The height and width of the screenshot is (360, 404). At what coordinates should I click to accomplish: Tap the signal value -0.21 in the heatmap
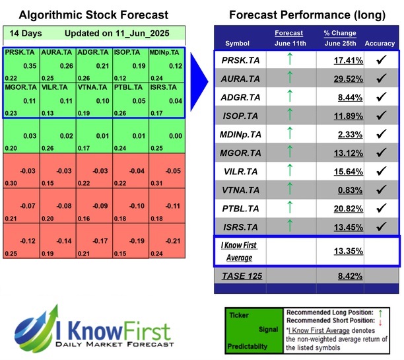[171, 241]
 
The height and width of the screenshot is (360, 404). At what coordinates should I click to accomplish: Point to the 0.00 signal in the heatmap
[171, 136]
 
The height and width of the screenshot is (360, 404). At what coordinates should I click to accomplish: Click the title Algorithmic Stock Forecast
[94, 15]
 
